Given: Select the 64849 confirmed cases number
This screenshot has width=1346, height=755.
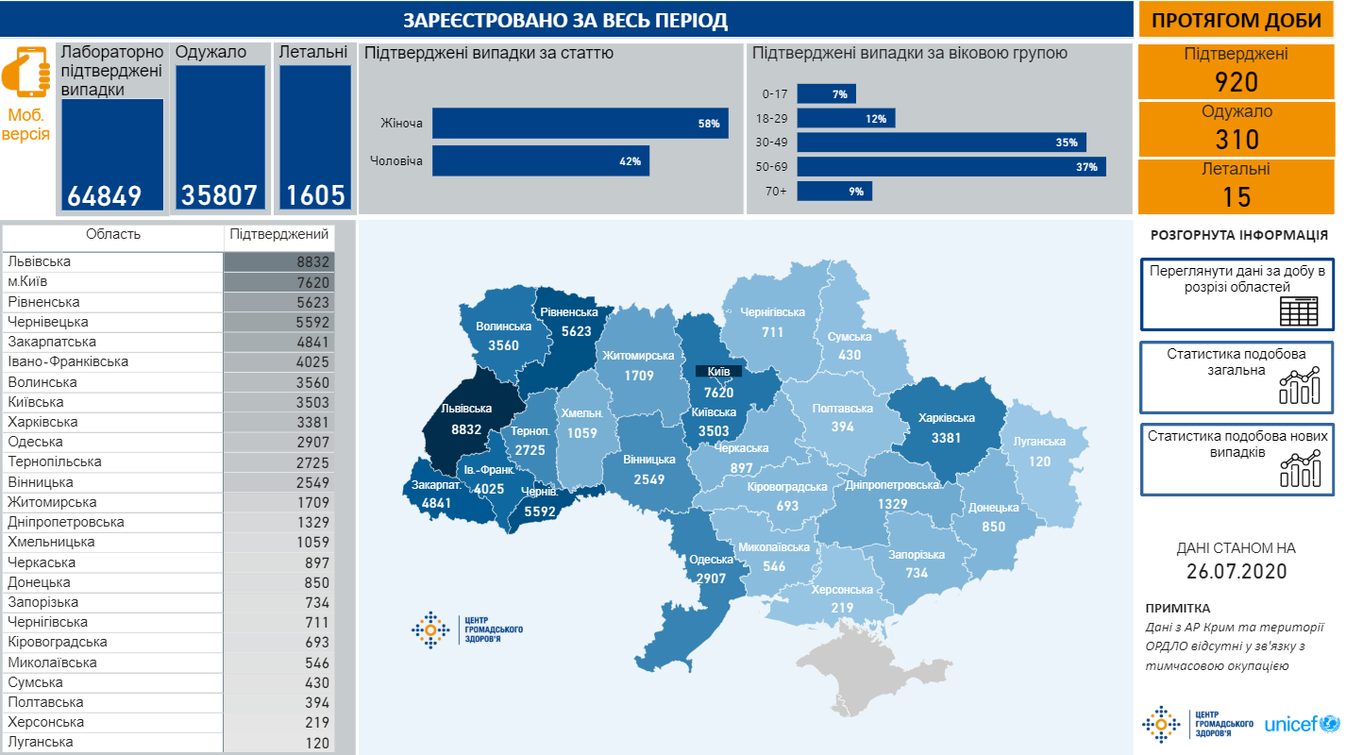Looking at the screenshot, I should [x=104, y=196].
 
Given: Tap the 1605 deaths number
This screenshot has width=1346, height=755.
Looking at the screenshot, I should [x=315, y=196].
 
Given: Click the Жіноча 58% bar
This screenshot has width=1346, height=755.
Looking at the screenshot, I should [x=580, y=124].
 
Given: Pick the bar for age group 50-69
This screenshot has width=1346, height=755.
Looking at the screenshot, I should [x=951, y=167].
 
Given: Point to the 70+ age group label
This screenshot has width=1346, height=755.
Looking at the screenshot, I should [x=775, y=192].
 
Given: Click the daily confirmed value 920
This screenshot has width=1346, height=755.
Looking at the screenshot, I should [x=1236, y=82].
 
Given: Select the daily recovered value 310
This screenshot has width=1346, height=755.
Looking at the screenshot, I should [x=1236, y=140].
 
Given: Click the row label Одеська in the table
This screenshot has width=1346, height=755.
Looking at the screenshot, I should [x=36, y=442].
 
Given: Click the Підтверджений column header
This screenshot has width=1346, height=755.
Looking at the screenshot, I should [x=279, y=234].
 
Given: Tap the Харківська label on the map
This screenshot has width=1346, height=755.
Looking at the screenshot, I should [x=946, y=418].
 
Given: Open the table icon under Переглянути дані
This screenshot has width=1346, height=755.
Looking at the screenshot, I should [x=1298, y=310].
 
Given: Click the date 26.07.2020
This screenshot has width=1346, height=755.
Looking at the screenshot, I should [x=1236, y=572].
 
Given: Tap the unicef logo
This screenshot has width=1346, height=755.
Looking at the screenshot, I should [x=1302, y=725].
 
